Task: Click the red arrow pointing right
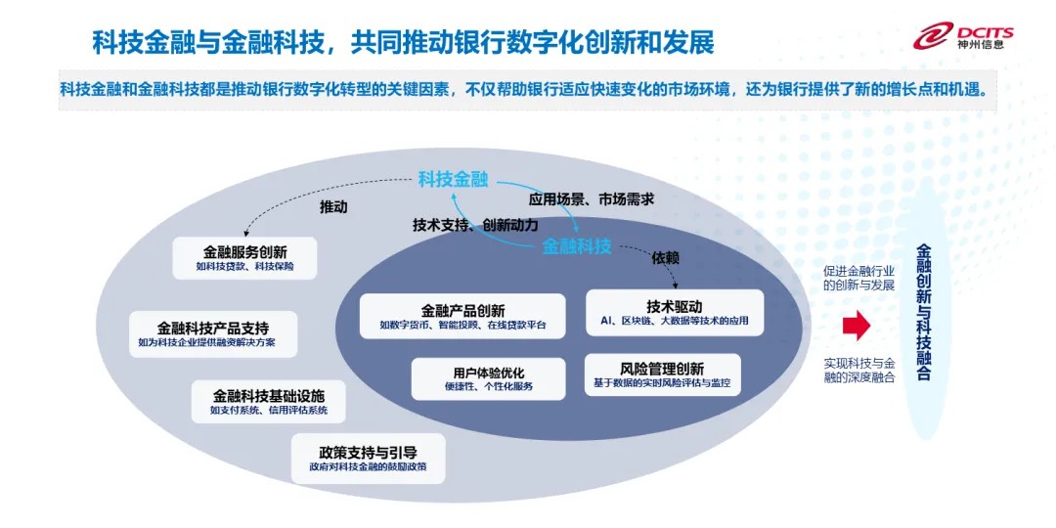(x=857, y=325)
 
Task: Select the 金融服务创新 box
(x=244, y=257)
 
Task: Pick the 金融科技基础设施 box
(x=269, y=402)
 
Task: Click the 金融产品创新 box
(x=462, y=316)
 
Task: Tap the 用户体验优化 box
(x=488, y=378)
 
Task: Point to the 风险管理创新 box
(x=662, y=374)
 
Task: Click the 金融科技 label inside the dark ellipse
(x=577, y=246)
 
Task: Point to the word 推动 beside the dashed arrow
(x=333, y=207)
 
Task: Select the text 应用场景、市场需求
(x=591, y=198)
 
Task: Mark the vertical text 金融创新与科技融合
(x=924, y=313)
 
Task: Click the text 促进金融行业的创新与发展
(x=858, y=277)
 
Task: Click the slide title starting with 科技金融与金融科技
(x=403, y=42)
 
